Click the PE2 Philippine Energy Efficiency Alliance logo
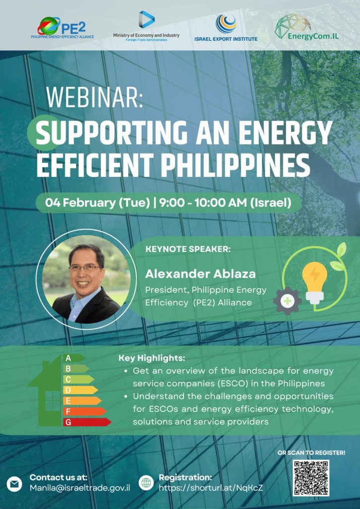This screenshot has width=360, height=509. tap(62, 28)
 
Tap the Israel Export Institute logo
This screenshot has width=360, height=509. tap(226, 28)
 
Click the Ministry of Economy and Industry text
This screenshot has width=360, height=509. tap(146, 35)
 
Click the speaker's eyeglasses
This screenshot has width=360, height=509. tap(86, 268)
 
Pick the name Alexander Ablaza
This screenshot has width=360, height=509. tap(200, 274)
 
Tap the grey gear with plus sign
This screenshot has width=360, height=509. tap(287, 301)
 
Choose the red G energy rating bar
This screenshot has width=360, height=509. tap(87, 422)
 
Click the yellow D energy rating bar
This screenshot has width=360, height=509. tap(80, 390)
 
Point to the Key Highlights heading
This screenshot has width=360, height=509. tap(152, 358)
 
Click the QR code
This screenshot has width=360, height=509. tap(311, 478)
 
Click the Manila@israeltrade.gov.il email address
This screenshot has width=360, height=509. tap(80, 488)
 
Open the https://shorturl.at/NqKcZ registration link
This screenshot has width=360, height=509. tap(211, 488)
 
